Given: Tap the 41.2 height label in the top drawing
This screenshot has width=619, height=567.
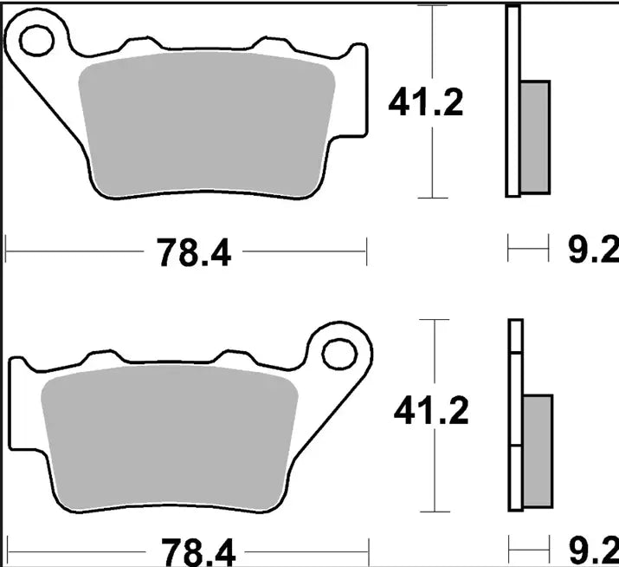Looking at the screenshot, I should pos(425,103).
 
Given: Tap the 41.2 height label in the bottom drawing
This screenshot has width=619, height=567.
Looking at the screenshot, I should pos(430,412).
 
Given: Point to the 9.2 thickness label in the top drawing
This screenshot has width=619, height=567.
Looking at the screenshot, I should pos(593,252).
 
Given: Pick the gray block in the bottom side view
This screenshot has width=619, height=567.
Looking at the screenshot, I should pos(537,451).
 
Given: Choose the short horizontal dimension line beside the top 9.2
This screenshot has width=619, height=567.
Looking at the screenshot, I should pos(529,252).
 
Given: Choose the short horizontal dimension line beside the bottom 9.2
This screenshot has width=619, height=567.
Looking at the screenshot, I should pos(531,550).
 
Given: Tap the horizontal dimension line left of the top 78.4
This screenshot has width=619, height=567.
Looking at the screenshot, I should pos(78,252).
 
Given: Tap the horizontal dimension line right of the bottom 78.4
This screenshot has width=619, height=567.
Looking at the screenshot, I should pos(303,550).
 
